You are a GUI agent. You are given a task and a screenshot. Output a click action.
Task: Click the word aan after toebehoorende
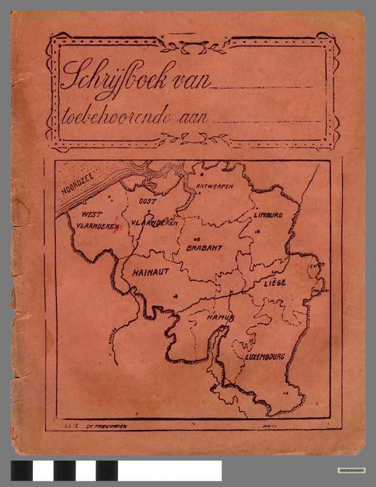click(192, 118)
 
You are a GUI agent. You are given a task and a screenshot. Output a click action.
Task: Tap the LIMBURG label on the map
click(267, 214)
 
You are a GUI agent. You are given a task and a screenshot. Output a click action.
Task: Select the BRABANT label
click(204, 248)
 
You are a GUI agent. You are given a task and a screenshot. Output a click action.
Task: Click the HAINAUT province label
click(150, 272)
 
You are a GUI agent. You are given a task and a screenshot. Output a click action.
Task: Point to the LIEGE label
click(274, 282)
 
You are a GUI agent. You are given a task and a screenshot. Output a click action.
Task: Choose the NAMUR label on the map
click(221, 318)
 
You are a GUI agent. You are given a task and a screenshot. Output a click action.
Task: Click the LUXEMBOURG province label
click(265, 356)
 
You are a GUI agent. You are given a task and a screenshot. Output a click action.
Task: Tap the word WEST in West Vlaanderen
click(92, 214)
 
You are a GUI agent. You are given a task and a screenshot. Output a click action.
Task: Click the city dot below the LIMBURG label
click(258, 232)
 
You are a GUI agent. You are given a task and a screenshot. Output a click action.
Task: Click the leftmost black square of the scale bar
click(21, 470)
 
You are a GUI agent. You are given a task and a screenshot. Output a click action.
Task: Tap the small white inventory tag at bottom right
click(351, 470)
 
